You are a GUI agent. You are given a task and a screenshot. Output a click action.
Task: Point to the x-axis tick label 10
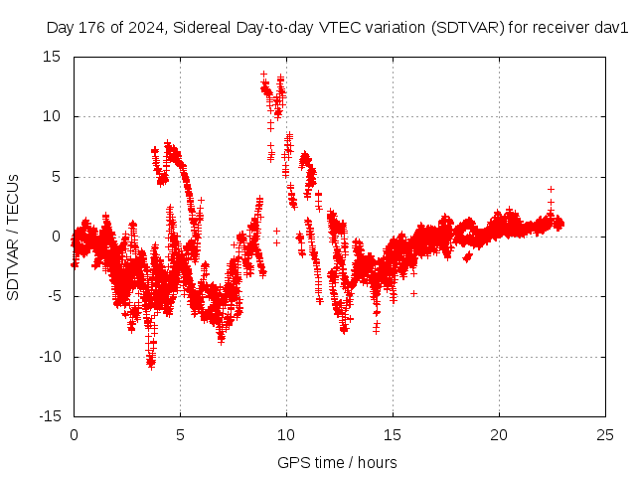pos(286,434)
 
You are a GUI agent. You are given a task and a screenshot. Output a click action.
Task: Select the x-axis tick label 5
pos(180,434)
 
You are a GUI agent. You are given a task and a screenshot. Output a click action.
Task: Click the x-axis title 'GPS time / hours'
pos(339,462)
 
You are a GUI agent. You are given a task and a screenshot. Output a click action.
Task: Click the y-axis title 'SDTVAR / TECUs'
pos(14,237)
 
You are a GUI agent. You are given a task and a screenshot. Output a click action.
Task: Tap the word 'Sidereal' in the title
pos(200,28)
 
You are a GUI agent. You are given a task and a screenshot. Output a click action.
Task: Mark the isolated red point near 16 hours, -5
pos(413,293)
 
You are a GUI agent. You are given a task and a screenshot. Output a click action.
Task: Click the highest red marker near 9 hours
pos(263,74)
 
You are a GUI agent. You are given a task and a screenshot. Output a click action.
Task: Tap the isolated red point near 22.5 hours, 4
pos(551,189)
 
